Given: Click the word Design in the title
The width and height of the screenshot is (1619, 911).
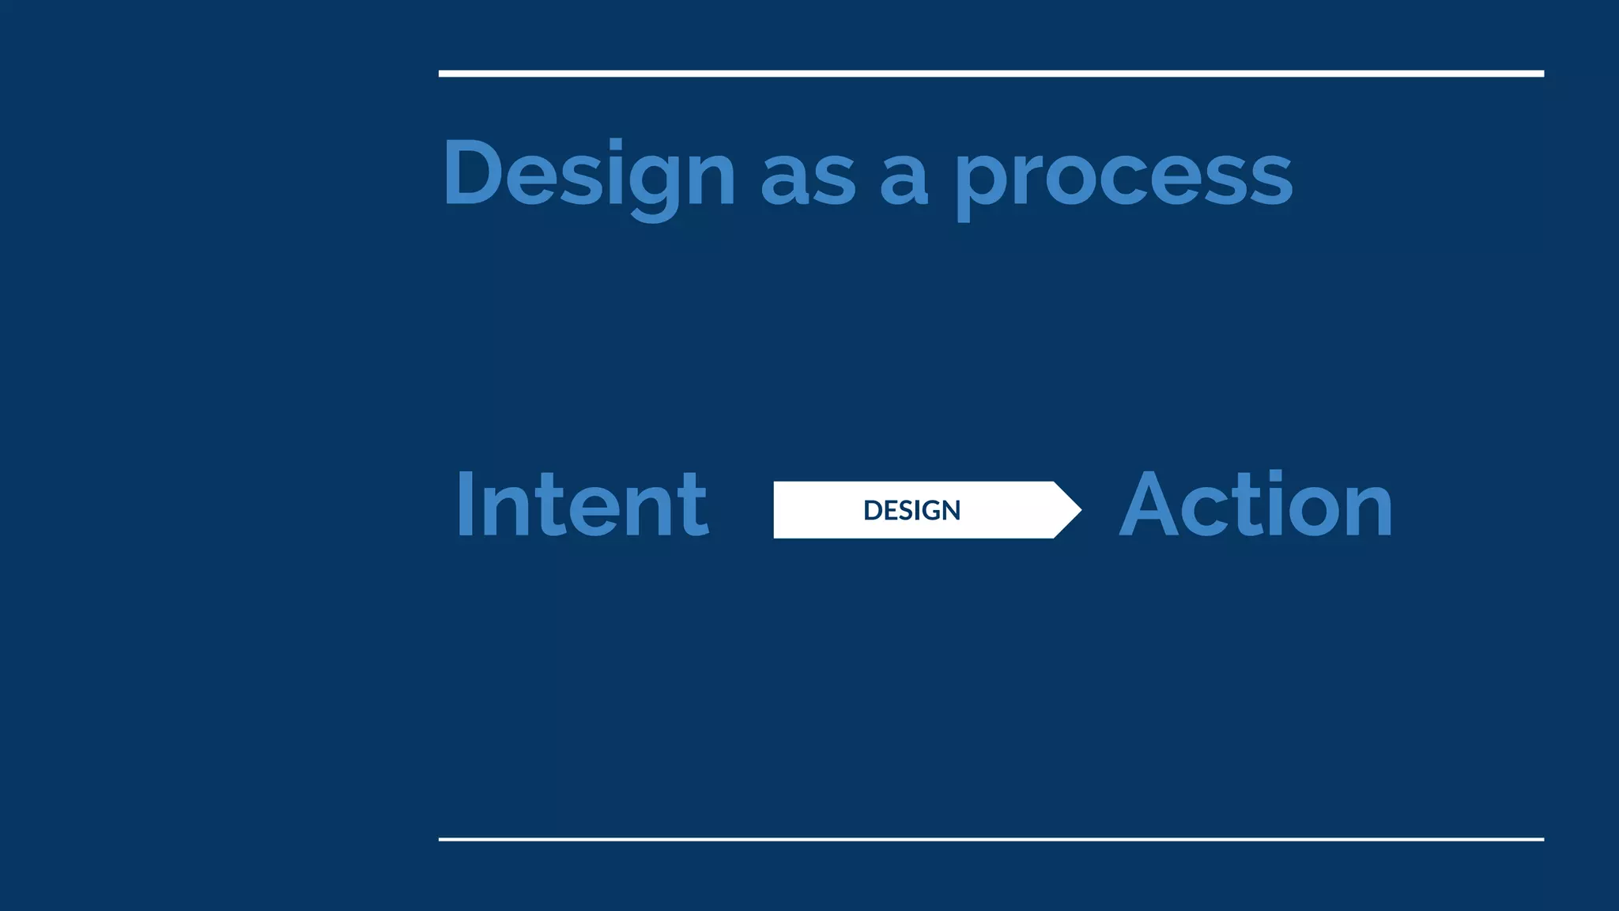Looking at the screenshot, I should pos(589,173).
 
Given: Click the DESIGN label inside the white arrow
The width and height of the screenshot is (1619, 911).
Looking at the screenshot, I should pos(911,510).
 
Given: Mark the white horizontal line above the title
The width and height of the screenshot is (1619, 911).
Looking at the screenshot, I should pos(991,74).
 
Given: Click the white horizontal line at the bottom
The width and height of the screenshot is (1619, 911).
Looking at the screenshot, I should pos(991,839).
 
